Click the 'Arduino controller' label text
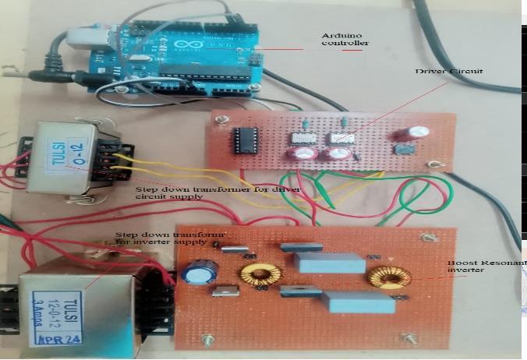click(342, 40)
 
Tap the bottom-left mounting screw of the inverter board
click(208, 340)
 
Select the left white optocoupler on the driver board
click(300, 138)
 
